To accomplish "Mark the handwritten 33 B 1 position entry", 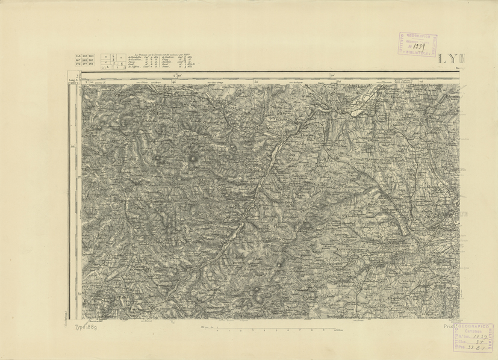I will click(x=471, y=347).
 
